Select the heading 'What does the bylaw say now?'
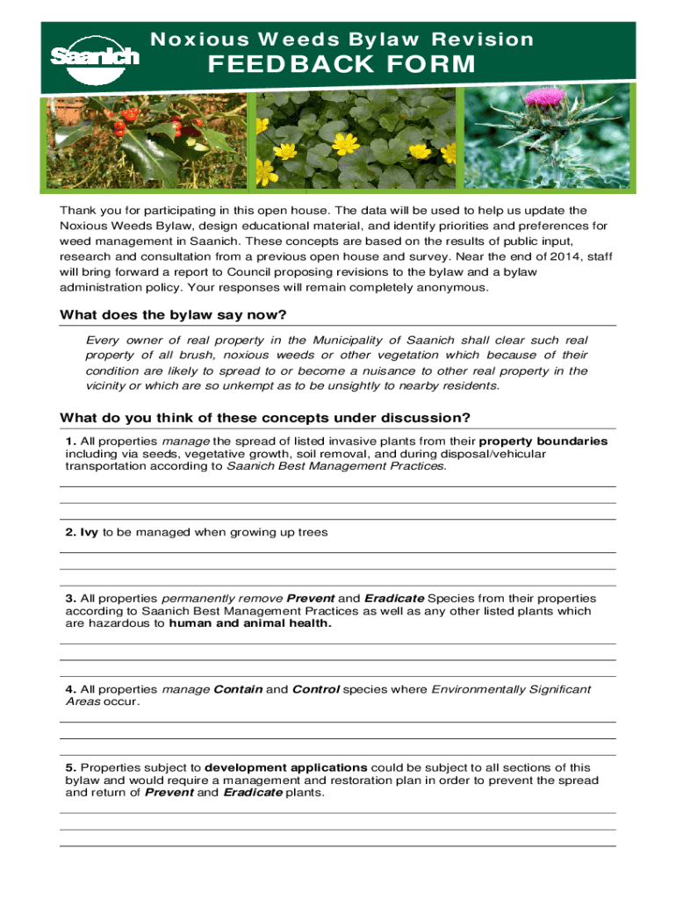click(173, 315)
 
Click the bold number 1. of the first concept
click(70, 441)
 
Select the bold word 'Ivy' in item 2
click(90, 533)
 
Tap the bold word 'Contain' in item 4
click(238, 689)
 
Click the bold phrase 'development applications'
click(286, 767)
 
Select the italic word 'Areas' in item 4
click(82, 702)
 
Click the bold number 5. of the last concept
click(70, 767)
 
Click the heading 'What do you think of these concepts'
click(264, 416)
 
